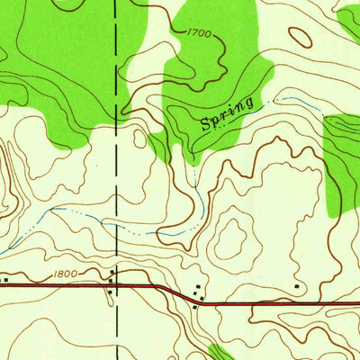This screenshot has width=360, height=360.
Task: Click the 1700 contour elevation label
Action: (200, 33)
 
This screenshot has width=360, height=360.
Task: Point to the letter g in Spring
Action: (257, 99)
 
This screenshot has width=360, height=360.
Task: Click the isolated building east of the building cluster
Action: (297, 286)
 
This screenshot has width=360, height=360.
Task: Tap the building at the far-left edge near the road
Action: (4, 280)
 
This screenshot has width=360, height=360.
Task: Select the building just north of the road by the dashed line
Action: (112, 272)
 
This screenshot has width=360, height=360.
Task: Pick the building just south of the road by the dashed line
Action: (110, 290)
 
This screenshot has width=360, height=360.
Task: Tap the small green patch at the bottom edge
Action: (218, 352)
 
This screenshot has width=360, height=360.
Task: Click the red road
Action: (270, 302)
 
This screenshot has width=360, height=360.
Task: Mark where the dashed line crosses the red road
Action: (117, 284)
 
